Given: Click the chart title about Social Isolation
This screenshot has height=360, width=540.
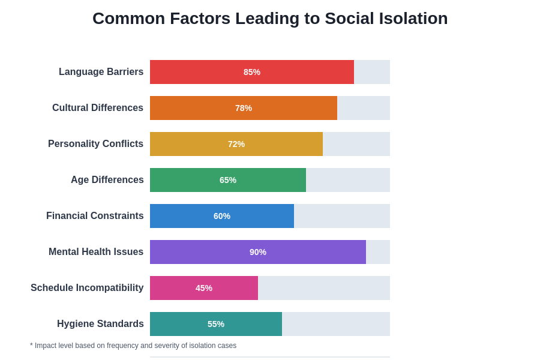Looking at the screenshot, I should (270, 19).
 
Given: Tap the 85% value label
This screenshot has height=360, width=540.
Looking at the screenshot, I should (252, 72).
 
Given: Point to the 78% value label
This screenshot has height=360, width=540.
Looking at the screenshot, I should (244, 108).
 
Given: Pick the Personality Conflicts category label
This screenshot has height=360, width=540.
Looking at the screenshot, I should (95, 144).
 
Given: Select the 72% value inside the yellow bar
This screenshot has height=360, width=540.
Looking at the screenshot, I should (236, 144).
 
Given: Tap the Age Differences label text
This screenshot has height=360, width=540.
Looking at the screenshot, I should (107, 180).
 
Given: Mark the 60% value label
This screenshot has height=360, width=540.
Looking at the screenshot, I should (222, 216).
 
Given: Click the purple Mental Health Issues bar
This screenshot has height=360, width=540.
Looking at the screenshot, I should (198, 252).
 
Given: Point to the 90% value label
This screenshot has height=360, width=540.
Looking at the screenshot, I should (258, 252).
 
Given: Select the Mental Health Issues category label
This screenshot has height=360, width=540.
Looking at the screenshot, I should (96, 252).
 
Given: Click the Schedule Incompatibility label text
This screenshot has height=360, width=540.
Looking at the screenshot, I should (87, 288).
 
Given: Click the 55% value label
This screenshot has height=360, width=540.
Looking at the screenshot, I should (216, 324).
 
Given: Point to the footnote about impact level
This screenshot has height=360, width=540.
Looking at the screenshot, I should (133, 346).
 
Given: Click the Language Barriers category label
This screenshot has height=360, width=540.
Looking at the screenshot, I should (101, 72).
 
